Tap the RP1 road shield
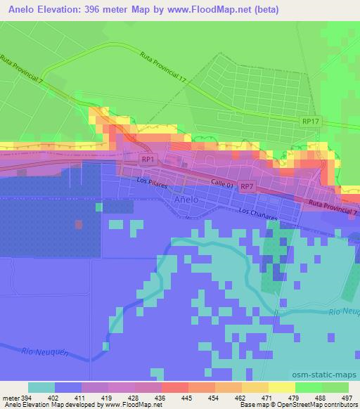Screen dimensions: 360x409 [147, 160]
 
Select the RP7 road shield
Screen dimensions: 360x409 [246, 186]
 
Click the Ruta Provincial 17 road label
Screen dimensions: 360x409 [162, 67]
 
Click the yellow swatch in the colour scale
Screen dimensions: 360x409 [281, 387]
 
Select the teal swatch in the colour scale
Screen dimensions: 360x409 [41, 387]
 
